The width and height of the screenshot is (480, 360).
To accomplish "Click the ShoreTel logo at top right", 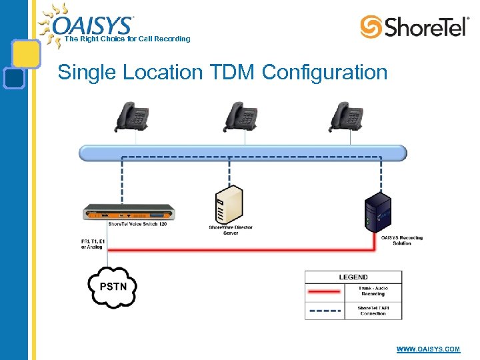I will coord(414,27).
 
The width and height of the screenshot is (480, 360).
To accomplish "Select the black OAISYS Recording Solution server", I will coord(377,211).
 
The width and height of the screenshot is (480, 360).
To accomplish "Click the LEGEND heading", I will coord(353,277).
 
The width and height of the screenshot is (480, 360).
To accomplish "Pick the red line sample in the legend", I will coord(325,291).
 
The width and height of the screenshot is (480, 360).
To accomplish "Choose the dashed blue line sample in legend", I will coord(325,310).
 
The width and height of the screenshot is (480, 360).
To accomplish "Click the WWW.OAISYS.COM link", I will coord(428,349).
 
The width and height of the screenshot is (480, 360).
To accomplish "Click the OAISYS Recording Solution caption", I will coord(402,241).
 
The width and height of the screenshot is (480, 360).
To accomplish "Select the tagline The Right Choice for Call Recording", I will coord(127,39).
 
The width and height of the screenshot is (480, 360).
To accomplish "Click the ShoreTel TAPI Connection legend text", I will coord(373,311).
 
